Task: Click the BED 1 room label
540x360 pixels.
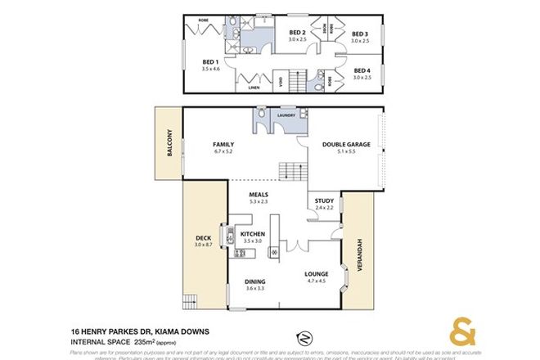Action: (x=209, y=61)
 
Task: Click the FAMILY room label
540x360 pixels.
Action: (x=223, y=144)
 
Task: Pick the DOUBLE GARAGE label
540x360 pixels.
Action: (x=346, y=144)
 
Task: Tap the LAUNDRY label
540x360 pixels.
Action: (x=286, y=116)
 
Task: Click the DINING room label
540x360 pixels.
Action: (x=256, y=282)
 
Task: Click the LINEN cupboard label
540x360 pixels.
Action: (x=254, y=86)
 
